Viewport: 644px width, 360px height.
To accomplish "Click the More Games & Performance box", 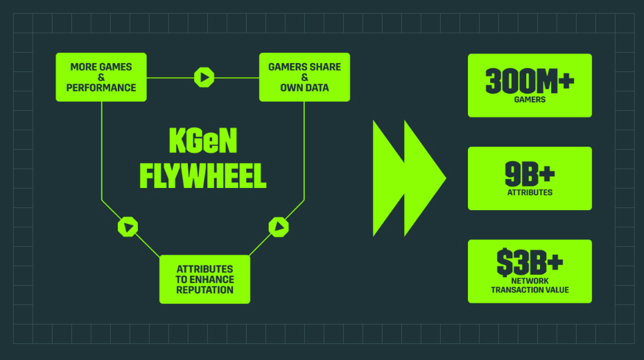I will click(x=101, y=77).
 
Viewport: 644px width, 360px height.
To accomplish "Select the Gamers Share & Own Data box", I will click(x=304, y=77).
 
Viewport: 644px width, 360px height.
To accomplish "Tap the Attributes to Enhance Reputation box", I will click(x=204, y=279).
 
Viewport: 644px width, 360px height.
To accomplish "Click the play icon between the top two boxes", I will click(x=203, y=77).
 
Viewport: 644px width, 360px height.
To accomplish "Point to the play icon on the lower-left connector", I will click(x=128, y=226).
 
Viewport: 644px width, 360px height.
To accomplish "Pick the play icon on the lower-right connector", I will click(x=278, y=225).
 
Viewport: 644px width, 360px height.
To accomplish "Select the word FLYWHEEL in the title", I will click(x=203, y=175).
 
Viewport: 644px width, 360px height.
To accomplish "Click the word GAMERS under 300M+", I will click(x=530, y=100).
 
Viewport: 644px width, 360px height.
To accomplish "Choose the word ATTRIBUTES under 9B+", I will click(x=530, y=192).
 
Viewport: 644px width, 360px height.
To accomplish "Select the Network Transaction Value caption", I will click(x=530, y=285).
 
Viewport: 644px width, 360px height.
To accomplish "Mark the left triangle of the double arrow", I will click(x=388, y=178).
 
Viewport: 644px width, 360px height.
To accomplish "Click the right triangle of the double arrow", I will click(x=423, y=178).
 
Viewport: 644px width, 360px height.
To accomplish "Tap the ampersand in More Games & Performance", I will click(x=101, y=78).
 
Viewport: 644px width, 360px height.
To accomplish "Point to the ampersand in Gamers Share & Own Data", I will click(x=304, y=78).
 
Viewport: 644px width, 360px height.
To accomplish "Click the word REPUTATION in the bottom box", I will click(x=204, y=290).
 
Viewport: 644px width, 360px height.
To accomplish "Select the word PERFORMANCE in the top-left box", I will click(x=101, y=88).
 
